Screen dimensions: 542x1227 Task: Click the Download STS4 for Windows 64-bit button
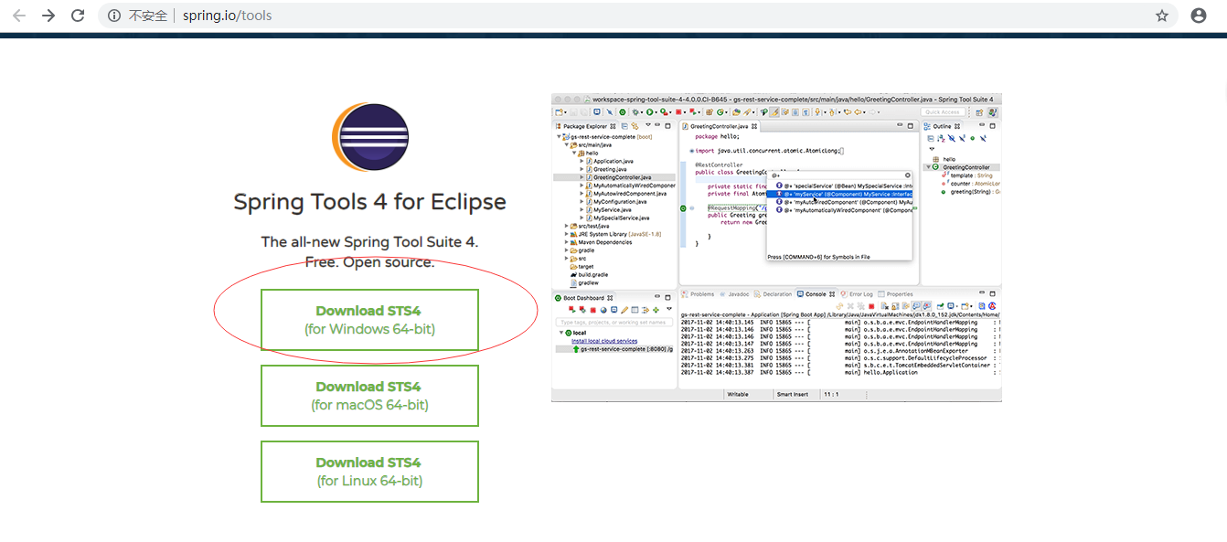369,320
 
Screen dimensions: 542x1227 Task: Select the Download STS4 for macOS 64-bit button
369,396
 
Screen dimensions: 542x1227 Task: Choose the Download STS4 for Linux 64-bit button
369,472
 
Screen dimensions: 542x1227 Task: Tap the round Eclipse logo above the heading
369,138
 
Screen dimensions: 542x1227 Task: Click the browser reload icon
78,16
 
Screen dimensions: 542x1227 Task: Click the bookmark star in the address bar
1162,16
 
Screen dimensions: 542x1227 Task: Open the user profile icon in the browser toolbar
1199,16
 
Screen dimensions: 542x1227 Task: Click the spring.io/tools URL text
227,16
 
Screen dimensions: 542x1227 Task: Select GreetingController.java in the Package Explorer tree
622,177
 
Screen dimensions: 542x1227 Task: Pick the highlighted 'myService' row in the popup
841,193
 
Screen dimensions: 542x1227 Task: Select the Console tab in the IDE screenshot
815,294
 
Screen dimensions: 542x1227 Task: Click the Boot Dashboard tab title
583,298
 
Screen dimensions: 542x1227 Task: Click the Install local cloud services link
604,341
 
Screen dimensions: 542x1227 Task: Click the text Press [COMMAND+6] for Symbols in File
818,258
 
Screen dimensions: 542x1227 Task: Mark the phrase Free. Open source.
369,262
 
